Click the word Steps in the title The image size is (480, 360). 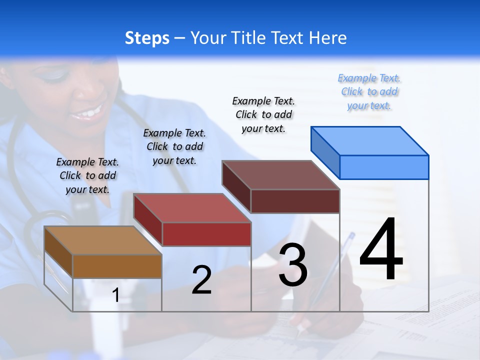[x=147, y=38]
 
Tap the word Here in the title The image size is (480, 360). [x=327, y=38]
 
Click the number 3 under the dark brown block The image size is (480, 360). [x=293, y=265]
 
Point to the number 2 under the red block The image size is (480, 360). [x=201, y=280]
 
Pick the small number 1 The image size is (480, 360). [x=116, y=295]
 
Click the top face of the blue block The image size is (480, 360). [x=370, y=140]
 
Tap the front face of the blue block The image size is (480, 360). [x=384, y=167]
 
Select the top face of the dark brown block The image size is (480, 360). [x=281, y=175]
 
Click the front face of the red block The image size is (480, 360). [x=206, y=234]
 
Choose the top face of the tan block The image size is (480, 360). [x=103, y=240]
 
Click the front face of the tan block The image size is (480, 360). [x=117, y=266]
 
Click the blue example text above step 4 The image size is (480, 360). [x=369, y=92]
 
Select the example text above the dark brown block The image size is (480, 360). [x=263, y=115]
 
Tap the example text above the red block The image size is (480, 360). [x=174, y=147]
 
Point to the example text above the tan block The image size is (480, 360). [x=87, y=176]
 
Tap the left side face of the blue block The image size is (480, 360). [x=325, y=151]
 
